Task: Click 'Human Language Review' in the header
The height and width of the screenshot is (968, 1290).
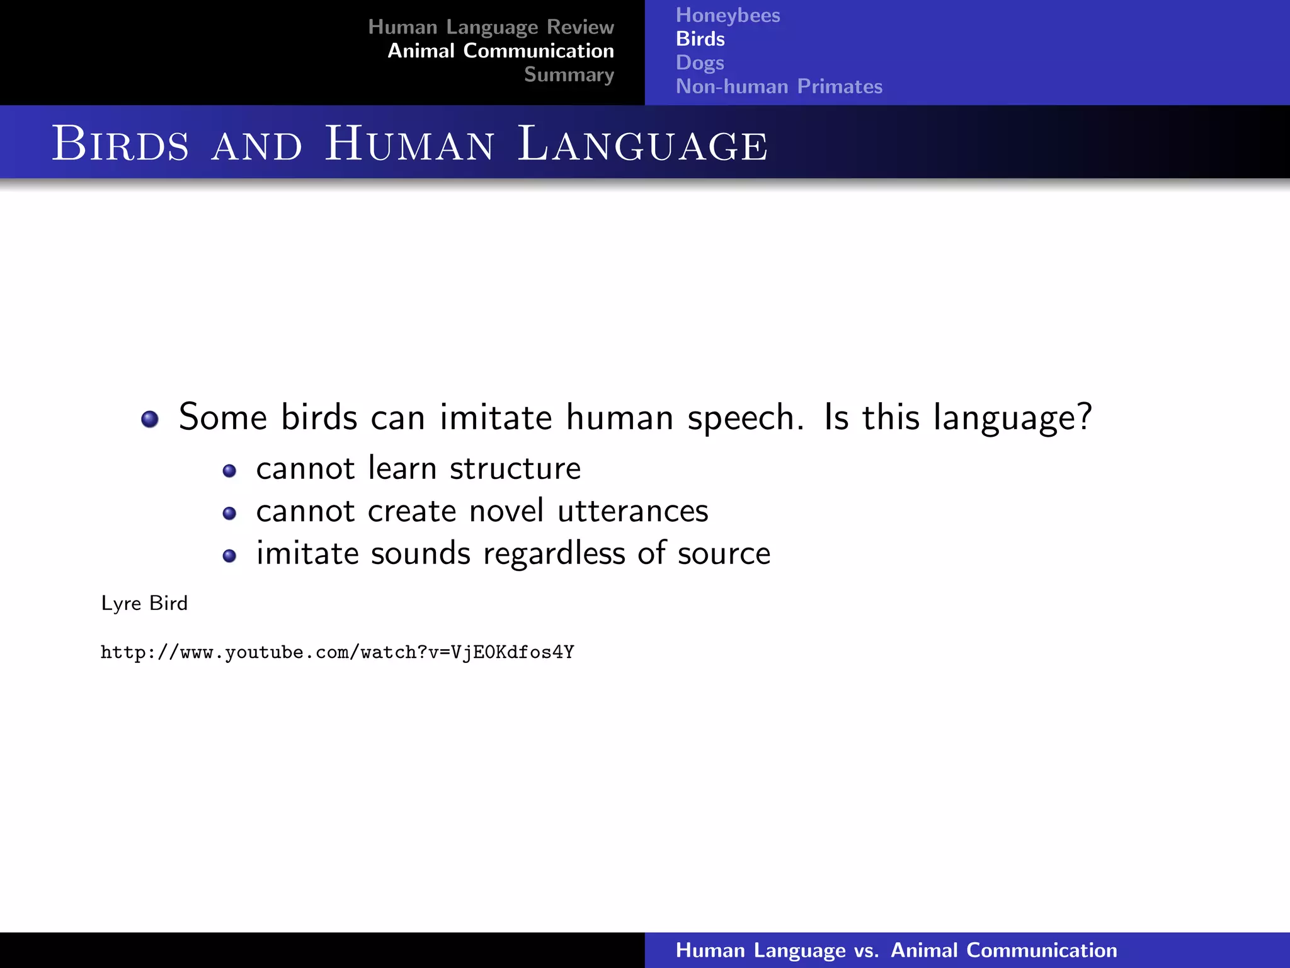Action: click(x=491, y=27)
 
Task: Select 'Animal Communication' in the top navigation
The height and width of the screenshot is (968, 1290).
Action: click(x=501, y=51)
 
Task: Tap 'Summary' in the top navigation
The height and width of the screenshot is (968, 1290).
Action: click(x=569, y=75)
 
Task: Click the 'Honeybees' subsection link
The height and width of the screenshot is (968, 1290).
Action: click(x=728, y=15)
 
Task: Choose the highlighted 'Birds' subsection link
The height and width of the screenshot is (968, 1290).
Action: click(x=700, y=39)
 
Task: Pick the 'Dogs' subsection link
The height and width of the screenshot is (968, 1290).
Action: click(x=699, y=63)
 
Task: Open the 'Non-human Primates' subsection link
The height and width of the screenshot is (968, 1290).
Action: click(x=779, y=86)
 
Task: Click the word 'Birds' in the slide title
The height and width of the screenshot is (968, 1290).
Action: click(x=120, y=144)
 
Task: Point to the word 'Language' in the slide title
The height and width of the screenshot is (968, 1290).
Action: click(x=642, y=144)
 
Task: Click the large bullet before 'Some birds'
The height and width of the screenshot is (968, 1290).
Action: click(x=150, y=419)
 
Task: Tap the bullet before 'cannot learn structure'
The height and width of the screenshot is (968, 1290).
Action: click(x=229, y=471)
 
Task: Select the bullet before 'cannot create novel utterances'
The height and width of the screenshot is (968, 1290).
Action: click(x=229, y=514)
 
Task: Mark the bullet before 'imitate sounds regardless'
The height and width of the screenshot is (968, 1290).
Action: click(x=229, y=556)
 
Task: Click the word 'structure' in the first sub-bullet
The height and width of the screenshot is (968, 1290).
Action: click(x=515, y=469)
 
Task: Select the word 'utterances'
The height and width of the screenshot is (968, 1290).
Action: click(x=632, y=511)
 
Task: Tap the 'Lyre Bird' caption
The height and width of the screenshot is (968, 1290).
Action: click(x=144, y=604)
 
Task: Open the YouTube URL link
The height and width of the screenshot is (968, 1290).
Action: click(x=337, y=652)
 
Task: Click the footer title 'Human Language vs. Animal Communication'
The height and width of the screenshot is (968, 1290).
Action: click(x=896, y=950)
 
